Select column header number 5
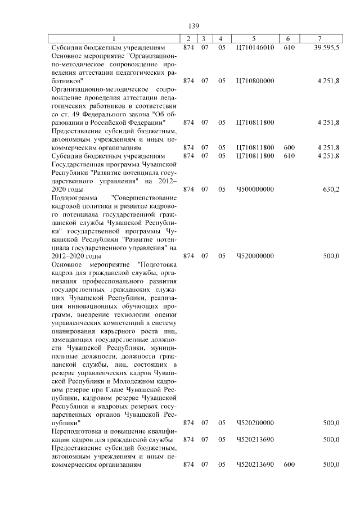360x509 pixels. click(x=255, y=38)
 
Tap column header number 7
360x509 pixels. click(x=319, y=38)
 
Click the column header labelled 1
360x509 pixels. click(x=114, y=38)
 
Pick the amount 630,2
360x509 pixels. click(x=331, y=190)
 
